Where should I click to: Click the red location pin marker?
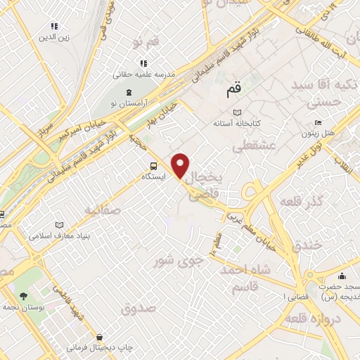coord(181,165)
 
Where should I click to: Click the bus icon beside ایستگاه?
coord(153,166)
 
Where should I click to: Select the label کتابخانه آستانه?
coord(238,123)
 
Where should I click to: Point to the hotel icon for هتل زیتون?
coord(319,123)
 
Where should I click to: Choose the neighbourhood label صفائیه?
coord(103,210)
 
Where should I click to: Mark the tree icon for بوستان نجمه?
coord(22,296)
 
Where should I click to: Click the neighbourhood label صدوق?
coord(137,308)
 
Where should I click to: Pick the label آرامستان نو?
coord(129,103)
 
